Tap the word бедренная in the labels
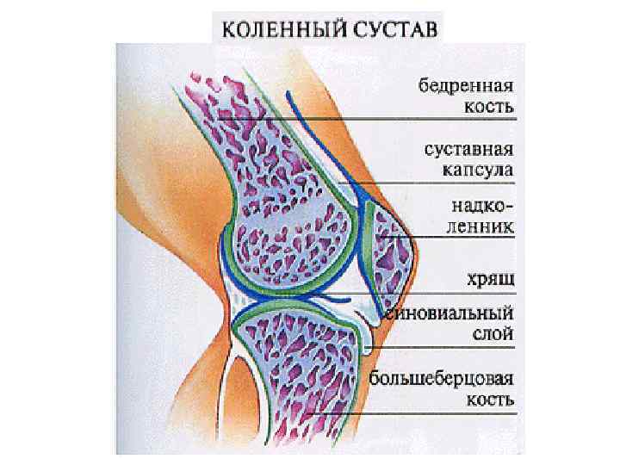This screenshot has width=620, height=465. pos(466,87)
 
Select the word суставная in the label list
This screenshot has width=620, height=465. pos(468,149)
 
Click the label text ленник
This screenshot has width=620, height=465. pos(477,228)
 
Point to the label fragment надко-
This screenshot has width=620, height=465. pos(482,208)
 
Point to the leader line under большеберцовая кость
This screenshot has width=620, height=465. pos(413,411)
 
